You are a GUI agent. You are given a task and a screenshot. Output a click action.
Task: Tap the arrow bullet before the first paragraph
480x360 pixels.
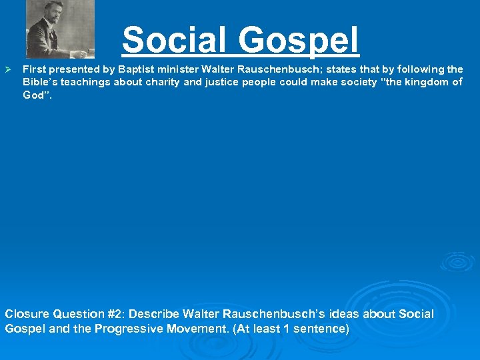pyautogui.click(x=9, y=69)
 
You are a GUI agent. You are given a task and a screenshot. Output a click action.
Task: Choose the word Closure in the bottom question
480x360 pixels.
pyautogui.click(x=26, y=314)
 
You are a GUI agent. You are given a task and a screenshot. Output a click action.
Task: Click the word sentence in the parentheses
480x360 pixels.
pyautogui.click(x=317, y=329)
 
